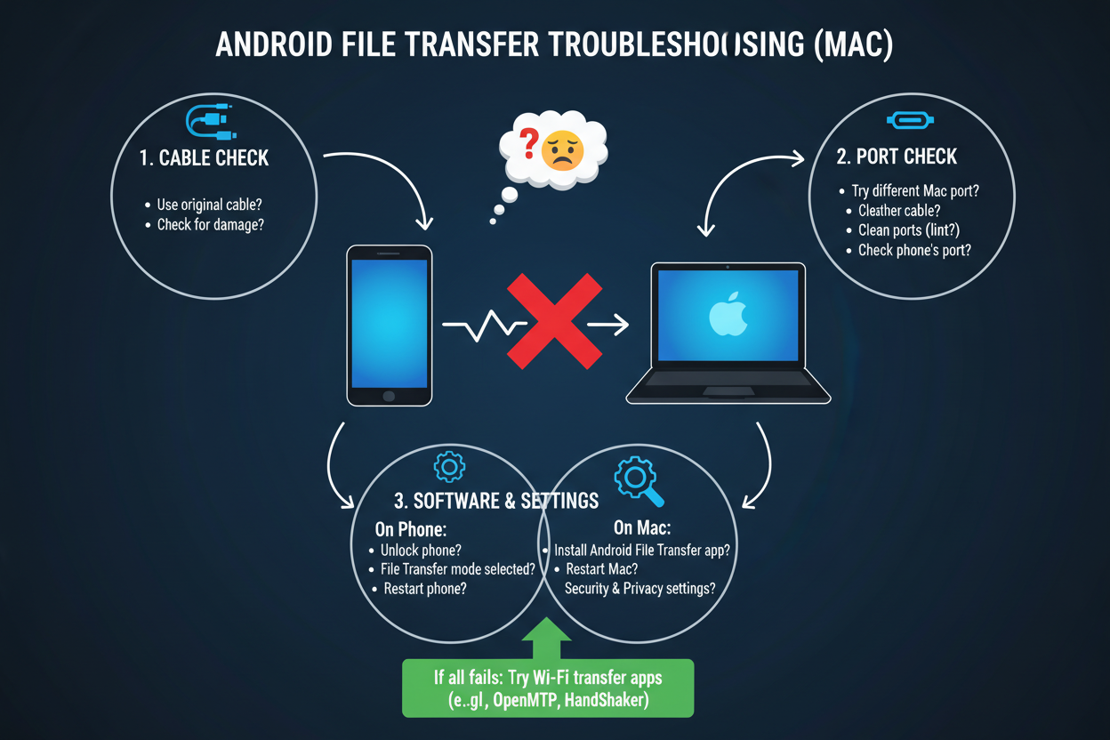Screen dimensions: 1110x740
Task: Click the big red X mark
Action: [554, 321]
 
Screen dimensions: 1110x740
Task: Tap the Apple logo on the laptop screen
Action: [728, 314]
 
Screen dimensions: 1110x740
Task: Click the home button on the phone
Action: [389, 396]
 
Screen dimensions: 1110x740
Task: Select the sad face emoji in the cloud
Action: [562, 150]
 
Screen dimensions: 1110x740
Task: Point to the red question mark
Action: [528, 143]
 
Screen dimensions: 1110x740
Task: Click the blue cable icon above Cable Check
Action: [211, 122]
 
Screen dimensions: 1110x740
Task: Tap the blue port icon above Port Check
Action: [910, 120]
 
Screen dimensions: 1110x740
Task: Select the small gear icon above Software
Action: [449, 466]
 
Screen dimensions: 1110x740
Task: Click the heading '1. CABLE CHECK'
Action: [205, 158]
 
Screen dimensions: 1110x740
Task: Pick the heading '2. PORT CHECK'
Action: [897, 157]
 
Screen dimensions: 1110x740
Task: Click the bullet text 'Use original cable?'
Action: [209, 205]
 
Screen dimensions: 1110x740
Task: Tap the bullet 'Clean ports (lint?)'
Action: [909, 230]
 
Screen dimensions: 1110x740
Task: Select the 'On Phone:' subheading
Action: [410, 529]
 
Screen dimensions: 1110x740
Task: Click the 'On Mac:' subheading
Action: [642, 527]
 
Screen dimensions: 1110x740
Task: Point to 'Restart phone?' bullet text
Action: [425, 589]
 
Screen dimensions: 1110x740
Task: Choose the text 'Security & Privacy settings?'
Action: [640, 588]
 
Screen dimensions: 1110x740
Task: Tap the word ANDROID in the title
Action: [274, 44]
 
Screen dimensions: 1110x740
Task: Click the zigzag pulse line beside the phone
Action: [485, 326]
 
